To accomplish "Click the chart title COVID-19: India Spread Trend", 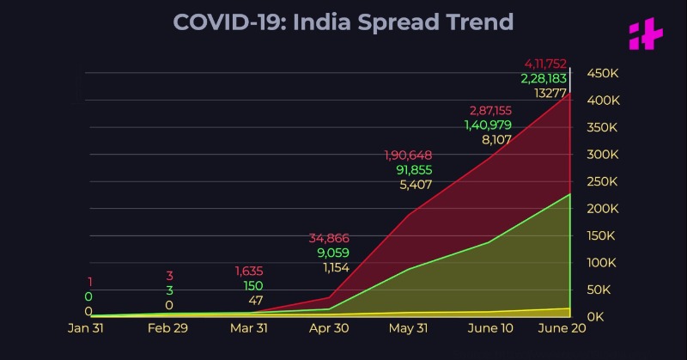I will click(x=343, y=21).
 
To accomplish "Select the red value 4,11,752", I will click(x=546, y=64).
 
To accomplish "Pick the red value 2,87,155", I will click(x=490, y=110).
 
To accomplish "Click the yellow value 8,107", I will click(x=497, y=139).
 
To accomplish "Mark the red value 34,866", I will click(x=329, y=238).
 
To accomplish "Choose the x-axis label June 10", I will click(x=492, y=327).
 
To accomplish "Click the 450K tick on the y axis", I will click(x=603, y=74).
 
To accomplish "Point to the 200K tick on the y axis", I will click(x=603, y=209).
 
